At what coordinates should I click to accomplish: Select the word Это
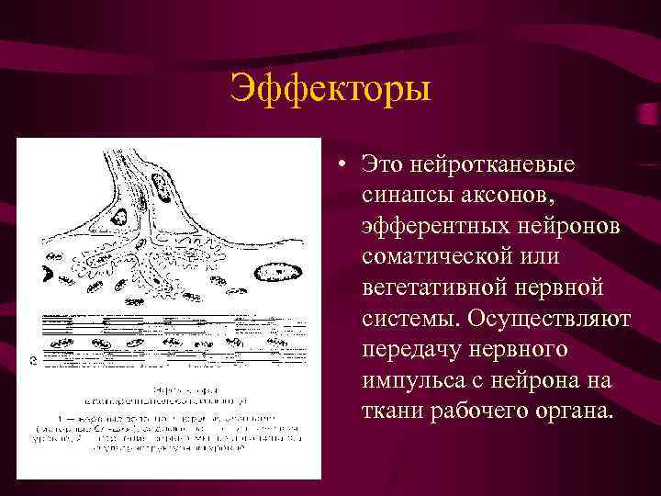pos(382,164)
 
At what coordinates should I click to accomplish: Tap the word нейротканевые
pos(496,164)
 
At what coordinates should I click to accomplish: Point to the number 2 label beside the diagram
pos(33,360)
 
